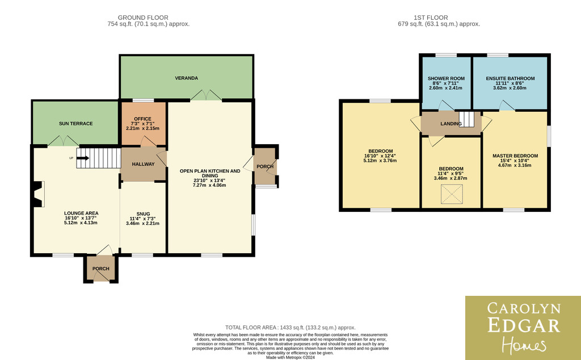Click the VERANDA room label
click(x=186, y=78)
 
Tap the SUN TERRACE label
click(x=75, y=123)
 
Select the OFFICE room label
click(x=142, y=119)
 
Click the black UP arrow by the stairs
click(x=83, y=158)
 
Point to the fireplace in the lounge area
click(x=38, y=194)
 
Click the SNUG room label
click(x=143, y=214)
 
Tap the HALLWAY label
click(x=143, y=164)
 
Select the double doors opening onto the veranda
click(x=206, y=95)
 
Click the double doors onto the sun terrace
click(x=64, y=141)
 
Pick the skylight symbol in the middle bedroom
click(x=452, y=194)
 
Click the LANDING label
click(x=451, y=123)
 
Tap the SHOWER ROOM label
click(x=446, y=78)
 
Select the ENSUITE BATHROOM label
click(x=510, y=78)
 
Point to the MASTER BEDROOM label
click(x=515, y=156)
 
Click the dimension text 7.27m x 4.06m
click(x=209, y=185)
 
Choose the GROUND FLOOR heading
click(x=143, y=18)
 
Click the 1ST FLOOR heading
click(x=431, y=18)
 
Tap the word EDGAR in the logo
click(x=523, y=325)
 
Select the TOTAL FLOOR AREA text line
click(x=290, y=328)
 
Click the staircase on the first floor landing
click(x=466, y=119)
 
